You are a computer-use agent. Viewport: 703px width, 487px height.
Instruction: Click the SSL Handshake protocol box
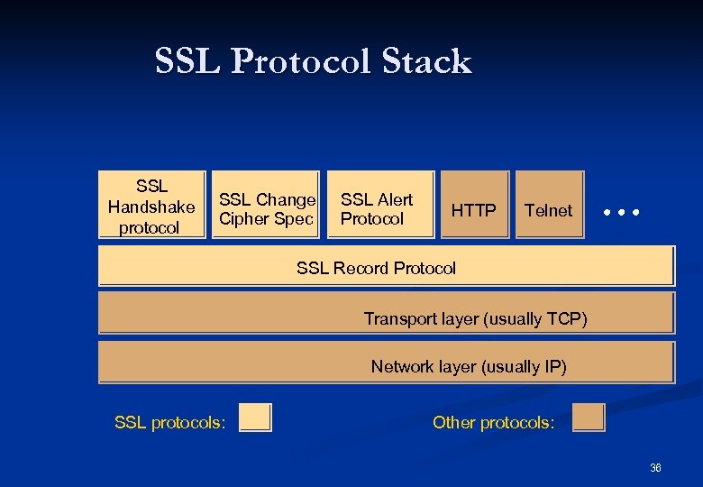[x=151, y=205]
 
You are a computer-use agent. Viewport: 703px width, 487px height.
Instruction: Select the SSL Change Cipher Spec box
[x=265, y=205]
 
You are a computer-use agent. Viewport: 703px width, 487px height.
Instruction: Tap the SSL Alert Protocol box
[x=380, y=205]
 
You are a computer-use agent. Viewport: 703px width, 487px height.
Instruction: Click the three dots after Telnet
[x=622, y=214]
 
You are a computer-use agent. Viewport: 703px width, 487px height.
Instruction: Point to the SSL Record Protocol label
[x=376, y=268]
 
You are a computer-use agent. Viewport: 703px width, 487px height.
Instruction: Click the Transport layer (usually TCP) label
[x=475, y=318]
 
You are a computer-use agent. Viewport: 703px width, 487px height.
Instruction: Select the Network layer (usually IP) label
[x=469, y=366]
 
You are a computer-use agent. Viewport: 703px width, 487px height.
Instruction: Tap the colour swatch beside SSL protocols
[x=255, y=418]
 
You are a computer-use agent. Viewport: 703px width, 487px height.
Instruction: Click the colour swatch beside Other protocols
[x=589, y=418]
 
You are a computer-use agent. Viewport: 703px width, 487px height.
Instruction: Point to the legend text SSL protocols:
[x=170, y=422]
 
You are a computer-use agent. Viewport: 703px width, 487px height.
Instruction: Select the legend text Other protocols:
[x=494, y=422]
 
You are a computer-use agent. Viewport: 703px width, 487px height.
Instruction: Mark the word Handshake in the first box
[x=151, y=207]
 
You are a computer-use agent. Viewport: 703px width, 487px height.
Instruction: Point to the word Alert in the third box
[x=395, y=199]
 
